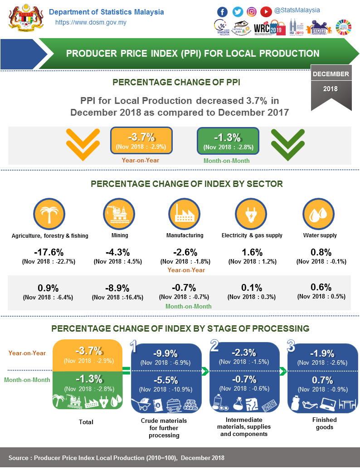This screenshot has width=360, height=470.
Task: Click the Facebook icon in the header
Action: [223, 12]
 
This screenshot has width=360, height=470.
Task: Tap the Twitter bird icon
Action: [238, 12]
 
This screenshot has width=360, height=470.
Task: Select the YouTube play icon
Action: [267, 12]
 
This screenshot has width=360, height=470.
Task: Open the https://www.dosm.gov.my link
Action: [91, 22]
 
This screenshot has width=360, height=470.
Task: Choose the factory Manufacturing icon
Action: [184, 213]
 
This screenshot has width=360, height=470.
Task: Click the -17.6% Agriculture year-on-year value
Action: [49, 253]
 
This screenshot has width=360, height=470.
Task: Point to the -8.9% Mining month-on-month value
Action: [117, 288]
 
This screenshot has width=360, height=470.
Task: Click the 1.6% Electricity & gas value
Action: [252, 253]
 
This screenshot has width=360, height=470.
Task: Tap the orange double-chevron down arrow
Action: [83, 144]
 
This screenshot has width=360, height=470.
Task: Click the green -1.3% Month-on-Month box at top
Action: [228, 140]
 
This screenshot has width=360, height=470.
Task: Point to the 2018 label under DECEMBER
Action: [331, 89]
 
